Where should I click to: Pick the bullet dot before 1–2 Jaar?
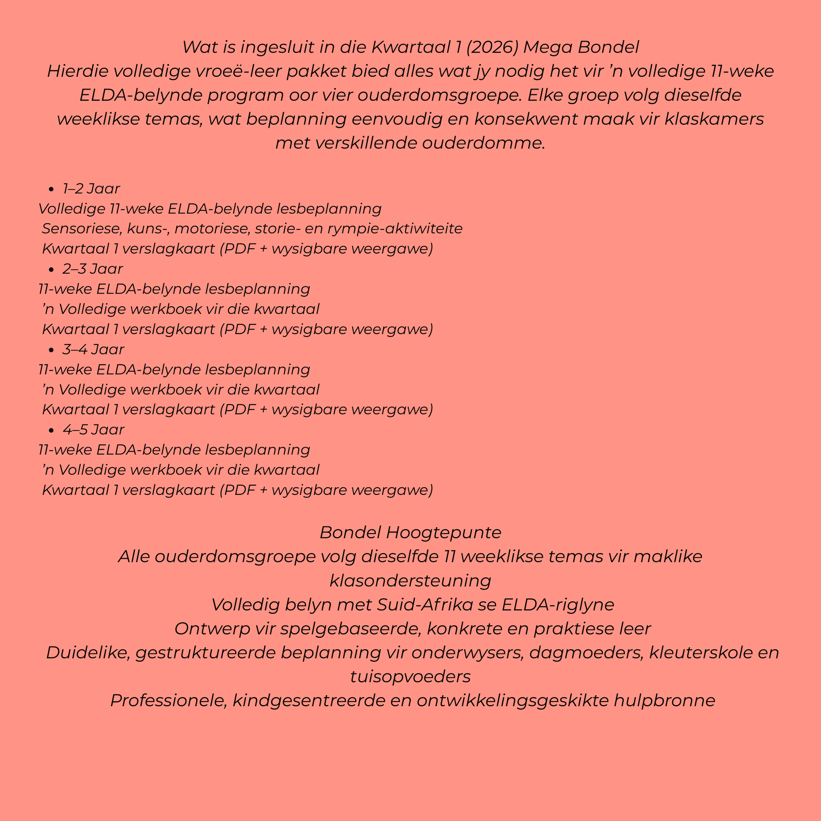click(x=51, y=189)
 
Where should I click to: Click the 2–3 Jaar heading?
click(x=93, y=269)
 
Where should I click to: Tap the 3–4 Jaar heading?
click(x=93, y=349)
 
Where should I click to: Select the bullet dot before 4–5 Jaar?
click(x=51, y=430)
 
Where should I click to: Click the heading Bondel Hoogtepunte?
click(x=410, y=532)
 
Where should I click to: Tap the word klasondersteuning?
click(x=410, y=581)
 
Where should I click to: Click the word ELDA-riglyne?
click(x=558, y=605)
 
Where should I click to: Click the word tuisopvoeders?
click(x=410, y=677)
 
